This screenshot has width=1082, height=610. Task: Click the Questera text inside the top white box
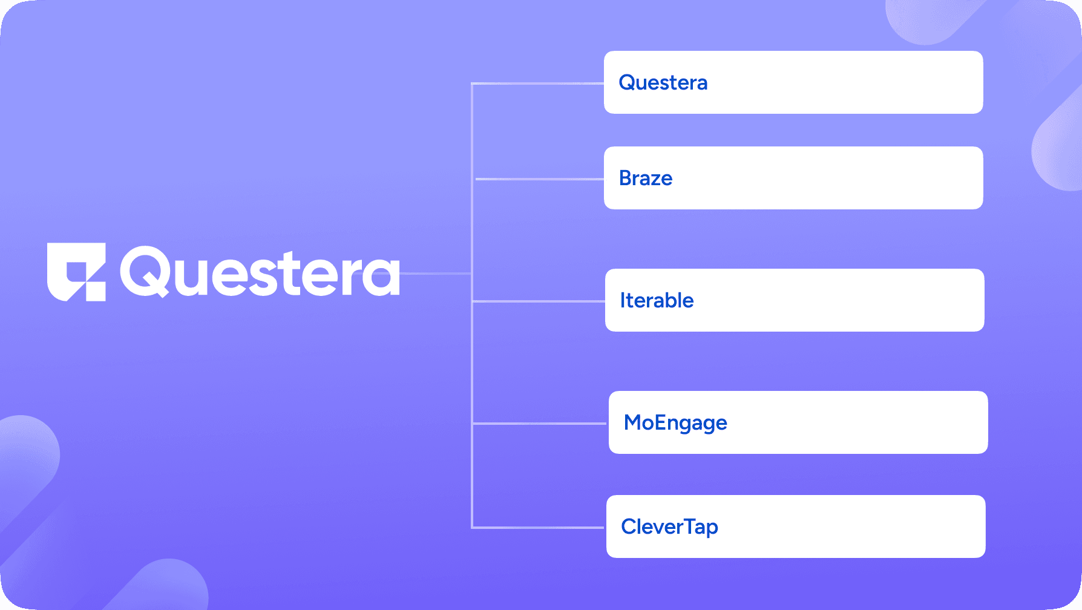(663, 82)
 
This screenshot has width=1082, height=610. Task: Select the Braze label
(646, 178)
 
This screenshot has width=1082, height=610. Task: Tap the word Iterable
(657, 300)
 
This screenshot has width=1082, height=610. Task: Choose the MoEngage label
(675, 423)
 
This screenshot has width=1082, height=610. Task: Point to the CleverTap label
(669, 527)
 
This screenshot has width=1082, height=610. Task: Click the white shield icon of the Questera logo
(76, 272)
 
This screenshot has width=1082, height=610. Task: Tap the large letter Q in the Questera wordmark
(145, 272)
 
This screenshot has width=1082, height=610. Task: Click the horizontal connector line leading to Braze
(540, 179)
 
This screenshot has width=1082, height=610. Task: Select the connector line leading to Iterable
(539, 301)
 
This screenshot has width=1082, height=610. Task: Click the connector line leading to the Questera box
(538, 84)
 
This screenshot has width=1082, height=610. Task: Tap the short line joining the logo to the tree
(436, 274)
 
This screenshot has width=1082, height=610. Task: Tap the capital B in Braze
(626, 178)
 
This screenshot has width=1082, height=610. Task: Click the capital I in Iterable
(623, 300)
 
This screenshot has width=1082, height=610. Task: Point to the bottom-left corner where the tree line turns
(472, 528)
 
